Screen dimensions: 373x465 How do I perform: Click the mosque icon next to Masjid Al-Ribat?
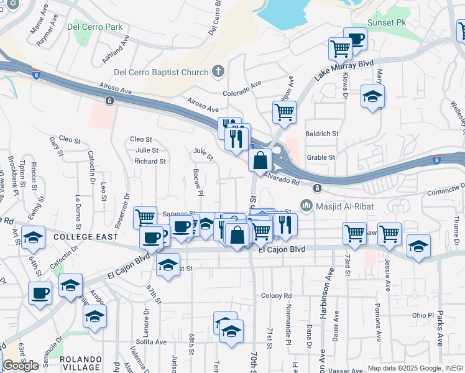click(306, 205)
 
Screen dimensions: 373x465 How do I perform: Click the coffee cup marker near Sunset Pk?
click(355, 39)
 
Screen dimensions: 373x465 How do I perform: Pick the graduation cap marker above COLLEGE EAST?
click(33, 237)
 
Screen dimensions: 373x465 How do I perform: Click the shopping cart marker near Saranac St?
click(145, 216)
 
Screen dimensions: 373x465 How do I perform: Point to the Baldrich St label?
click(321, 134)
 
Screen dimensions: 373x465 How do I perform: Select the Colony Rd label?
click(277, 295)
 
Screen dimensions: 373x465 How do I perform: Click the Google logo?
click(21, 366)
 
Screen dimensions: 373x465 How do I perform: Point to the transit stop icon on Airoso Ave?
click(109, 100)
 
